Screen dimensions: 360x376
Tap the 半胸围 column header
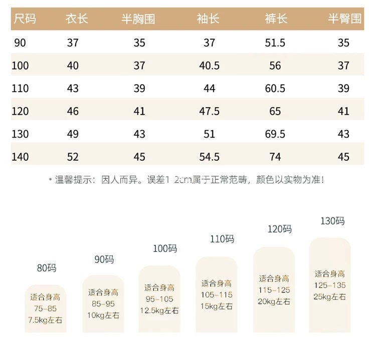tap(138, 20)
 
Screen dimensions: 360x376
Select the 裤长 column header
tap(276, 20)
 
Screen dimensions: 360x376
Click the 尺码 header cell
tap(26, 20)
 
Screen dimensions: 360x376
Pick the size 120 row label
tap(21, 111)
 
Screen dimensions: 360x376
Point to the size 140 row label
tap(21, 157)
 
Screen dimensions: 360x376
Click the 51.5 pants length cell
tap(275, 43)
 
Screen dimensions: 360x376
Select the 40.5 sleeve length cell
tap(209, 66)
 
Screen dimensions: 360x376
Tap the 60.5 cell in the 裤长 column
tap(275, 89)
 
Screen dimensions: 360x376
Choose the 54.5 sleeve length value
tap(209, 157)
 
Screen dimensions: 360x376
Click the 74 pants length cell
tap(275, 157)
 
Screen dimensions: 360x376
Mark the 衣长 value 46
tap(73, 111)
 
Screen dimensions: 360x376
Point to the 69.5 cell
tap(275, 134)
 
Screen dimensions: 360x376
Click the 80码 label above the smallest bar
tap(47, 268)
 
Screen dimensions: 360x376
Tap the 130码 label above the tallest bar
tap(332, 221)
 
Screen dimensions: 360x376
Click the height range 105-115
tap(217, 295)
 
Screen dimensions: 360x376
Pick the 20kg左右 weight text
tap(274, 301)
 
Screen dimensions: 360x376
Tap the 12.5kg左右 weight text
tap(159, 310)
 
